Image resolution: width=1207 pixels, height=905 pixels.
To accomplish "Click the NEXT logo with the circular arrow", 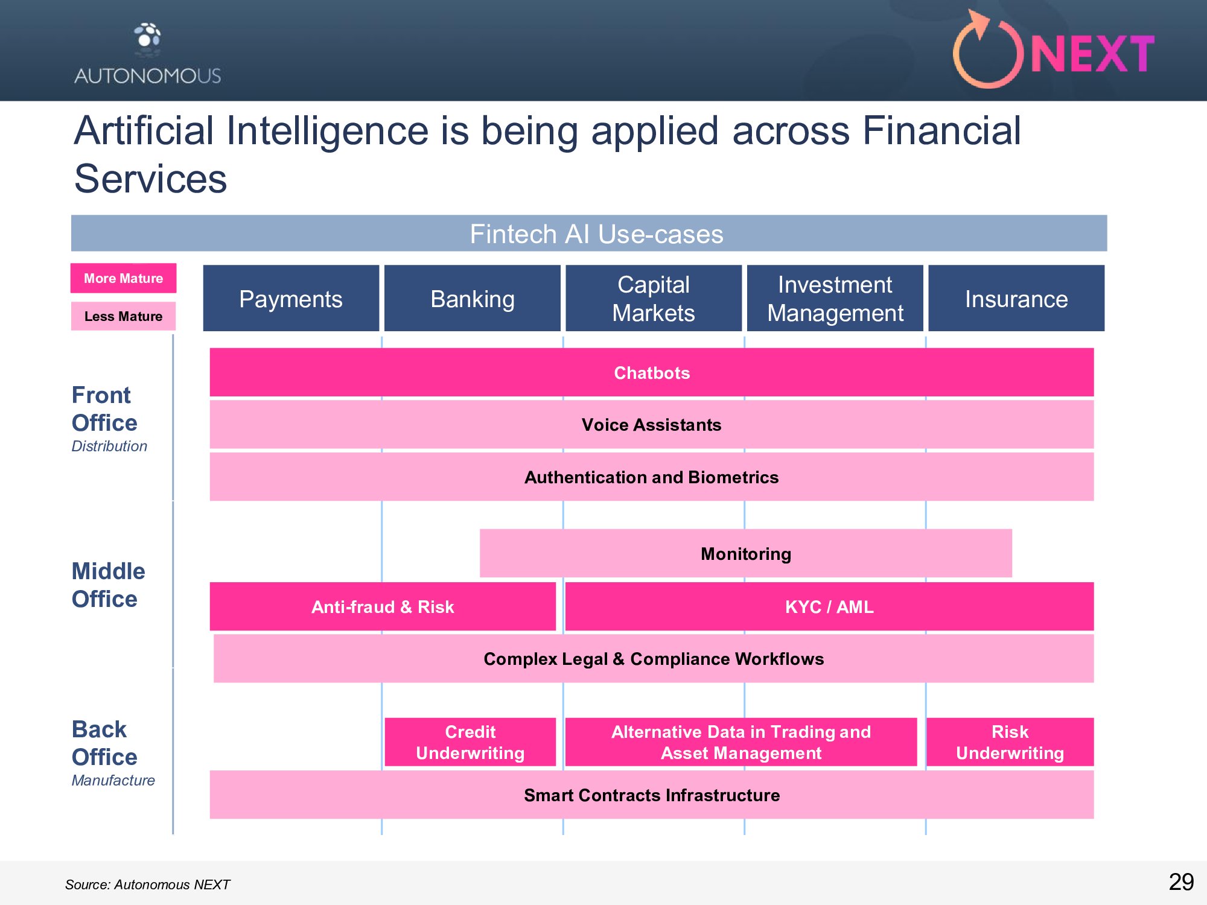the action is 1053,51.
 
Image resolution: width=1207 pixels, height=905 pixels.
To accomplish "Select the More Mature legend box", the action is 123,278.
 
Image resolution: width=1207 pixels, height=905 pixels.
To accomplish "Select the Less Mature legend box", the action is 123,316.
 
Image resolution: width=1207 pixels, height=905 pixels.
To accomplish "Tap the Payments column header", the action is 291,298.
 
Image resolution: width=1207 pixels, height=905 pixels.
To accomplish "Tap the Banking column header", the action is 473,298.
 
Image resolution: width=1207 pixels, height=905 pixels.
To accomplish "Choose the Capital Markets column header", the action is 654,298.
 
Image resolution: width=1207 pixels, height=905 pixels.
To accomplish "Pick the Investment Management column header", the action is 835,298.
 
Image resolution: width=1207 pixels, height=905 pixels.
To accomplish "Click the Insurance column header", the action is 1016,298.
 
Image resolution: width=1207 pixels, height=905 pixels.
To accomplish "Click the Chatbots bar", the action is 652,372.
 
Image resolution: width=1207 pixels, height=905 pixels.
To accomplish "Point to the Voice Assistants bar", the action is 652,425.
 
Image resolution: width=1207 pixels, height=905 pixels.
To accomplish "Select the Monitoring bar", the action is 746,553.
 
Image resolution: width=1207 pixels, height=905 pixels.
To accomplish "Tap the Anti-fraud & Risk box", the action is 383,606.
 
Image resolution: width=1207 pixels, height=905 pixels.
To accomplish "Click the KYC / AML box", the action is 829,606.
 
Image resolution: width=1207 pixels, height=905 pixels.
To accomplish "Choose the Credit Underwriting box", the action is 470,742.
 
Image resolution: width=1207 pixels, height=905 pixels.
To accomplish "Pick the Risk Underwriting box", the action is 1010,742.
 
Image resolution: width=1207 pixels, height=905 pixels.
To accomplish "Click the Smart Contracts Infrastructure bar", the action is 652,795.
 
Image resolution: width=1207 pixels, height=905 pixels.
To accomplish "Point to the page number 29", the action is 1181,882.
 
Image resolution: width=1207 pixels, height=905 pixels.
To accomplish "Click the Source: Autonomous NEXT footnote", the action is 148,884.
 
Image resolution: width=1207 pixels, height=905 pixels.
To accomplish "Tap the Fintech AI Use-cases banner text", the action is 596,234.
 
